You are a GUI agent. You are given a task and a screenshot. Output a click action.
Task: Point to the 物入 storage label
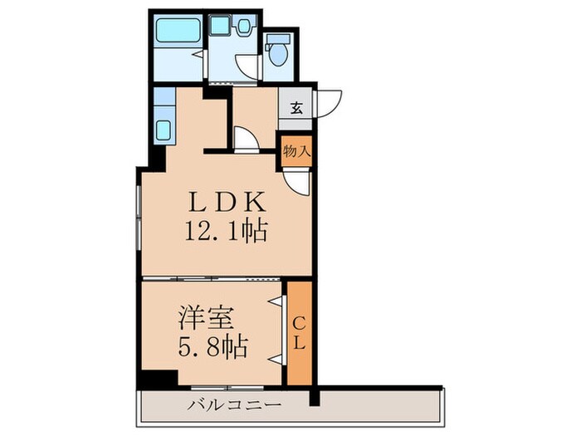(x=296, y=152)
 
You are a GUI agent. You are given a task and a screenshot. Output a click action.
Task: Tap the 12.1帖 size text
(x=225, y=233)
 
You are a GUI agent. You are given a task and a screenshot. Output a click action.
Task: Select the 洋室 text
(x=207, y=318)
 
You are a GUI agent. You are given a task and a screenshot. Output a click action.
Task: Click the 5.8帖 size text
(x=212, y=347)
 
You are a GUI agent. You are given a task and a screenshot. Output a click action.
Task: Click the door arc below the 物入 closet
(x=298, y=183)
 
